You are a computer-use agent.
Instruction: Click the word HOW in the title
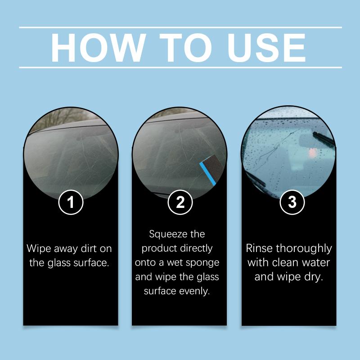(x=98, y=48)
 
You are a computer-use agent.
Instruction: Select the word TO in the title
(x=185, y=48)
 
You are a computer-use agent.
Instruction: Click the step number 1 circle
(x=71, y=202)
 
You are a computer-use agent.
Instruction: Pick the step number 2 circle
(x=180, y=202)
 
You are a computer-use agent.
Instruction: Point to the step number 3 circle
(x=292, y=202)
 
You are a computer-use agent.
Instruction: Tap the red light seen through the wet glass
(x=312, y=152)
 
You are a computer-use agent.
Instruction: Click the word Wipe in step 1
(x=39, y=249)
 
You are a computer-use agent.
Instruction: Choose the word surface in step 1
(x=91, y=263)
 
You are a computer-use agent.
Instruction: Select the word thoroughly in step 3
(x=304, y=249)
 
